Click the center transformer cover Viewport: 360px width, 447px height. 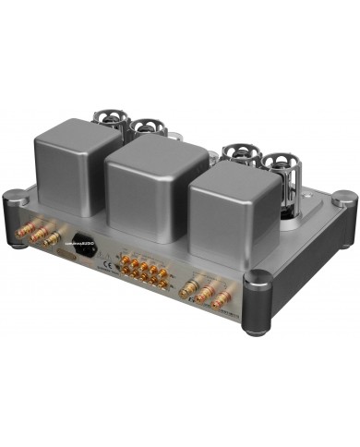(x=156, y=175)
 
